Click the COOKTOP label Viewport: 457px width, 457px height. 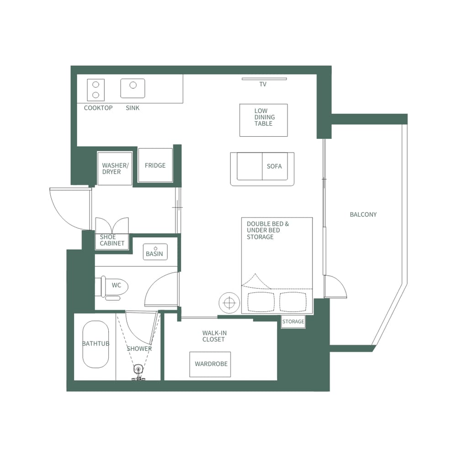coord(98,108)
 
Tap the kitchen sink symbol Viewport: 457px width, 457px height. coord(133,88)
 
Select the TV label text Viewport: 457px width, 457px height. coord(263,85)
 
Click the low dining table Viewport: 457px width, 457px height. coord(264,120)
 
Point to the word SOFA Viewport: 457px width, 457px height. coord(274,166)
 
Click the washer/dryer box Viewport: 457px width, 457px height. coord(115,168)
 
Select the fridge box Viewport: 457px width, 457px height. coord(155,165)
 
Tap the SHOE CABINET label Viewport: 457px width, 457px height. coord(112,240)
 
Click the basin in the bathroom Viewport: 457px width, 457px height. coord(155,252)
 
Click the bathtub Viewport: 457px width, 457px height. coord(96,344)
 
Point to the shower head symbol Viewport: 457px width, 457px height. coord(138,370)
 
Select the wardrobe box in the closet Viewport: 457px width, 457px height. coord(210,364)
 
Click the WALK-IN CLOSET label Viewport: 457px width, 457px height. coord(214,336)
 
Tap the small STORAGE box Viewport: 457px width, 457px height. coord(293,322)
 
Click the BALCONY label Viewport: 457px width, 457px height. coord(363,214)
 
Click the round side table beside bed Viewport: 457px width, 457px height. coord(229,303)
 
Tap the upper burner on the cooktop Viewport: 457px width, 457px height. coord(96,85)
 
